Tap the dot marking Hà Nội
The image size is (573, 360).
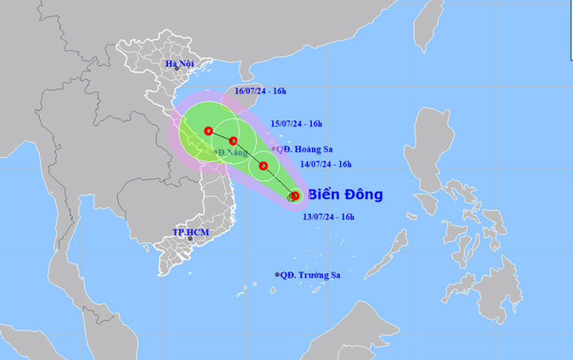(x=177, y=69)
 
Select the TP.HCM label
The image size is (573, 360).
(x=189, y=232)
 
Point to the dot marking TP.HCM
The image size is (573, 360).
(x=190, y=238)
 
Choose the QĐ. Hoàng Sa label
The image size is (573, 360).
(x=306, y=148)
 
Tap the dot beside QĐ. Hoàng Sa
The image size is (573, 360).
(x=274, y=149)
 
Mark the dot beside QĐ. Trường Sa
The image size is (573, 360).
(x=278, y=275)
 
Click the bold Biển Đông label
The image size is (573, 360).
(x=345, y=194)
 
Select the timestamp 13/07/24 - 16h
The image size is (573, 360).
(x=328, y=216)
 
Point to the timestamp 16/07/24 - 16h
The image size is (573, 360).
(x=261, y=92)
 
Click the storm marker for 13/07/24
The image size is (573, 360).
(x=294, y=196)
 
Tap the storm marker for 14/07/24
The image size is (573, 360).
(x=263, y=166)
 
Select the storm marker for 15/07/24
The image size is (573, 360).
(x=233, y=141)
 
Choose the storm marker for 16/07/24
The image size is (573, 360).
(x=208, y=131)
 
